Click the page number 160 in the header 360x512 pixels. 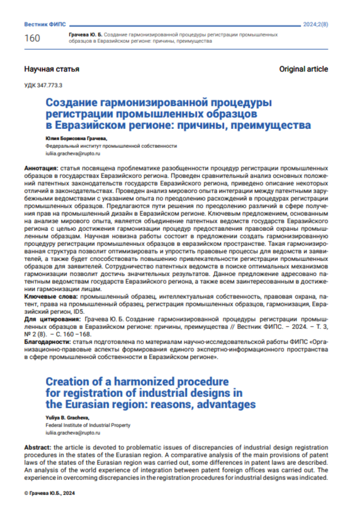click(32, 38)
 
